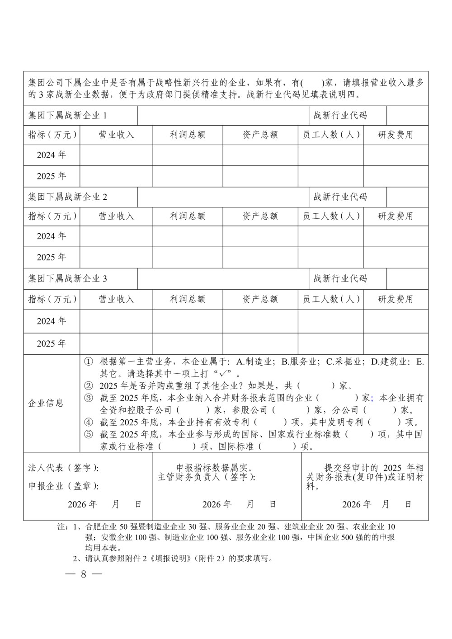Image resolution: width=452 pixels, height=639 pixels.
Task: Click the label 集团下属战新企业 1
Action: [68, 116]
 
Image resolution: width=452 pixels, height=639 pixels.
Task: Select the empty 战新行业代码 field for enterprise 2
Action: [407, 197]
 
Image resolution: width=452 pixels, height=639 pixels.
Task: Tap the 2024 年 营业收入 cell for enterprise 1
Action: [116, 155]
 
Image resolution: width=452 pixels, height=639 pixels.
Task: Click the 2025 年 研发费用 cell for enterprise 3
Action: [395, 343]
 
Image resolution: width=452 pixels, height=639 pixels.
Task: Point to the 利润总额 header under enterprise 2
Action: [188, 216]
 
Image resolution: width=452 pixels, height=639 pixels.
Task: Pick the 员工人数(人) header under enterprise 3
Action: [330, 299]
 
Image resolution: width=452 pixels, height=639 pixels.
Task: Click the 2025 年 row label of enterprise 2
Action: [52, 257]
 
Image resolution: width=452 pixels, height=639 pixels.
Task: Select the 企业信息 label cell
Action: [46, 403]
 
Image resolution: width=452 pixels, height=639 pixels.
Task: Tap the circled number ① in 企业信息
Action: [89, 362]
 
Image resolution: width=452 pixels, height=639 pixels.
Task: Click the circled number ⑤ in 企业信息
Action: [89, 434]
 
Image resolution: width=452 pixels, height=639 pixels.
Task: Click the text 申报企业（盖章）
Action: [63, 486]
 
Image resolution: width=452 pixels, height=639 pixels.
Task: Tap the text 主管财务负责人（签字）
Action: [206, 477]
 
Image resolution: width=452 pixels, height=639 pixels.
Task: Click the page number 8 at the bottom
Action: [83, 574]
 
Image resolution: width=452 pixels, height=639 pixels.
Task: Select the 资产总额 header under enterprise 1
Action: [260, 135]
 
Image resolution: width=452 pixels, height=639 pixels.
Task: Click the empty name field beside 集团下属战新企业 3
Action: [223, 279]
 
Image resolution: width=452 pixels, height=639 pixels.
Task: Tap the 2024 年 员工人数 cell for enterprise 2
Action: [330, 236]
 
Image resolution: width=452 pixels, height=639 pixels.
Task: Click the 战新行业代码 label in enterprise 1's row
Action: [340, 116]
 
